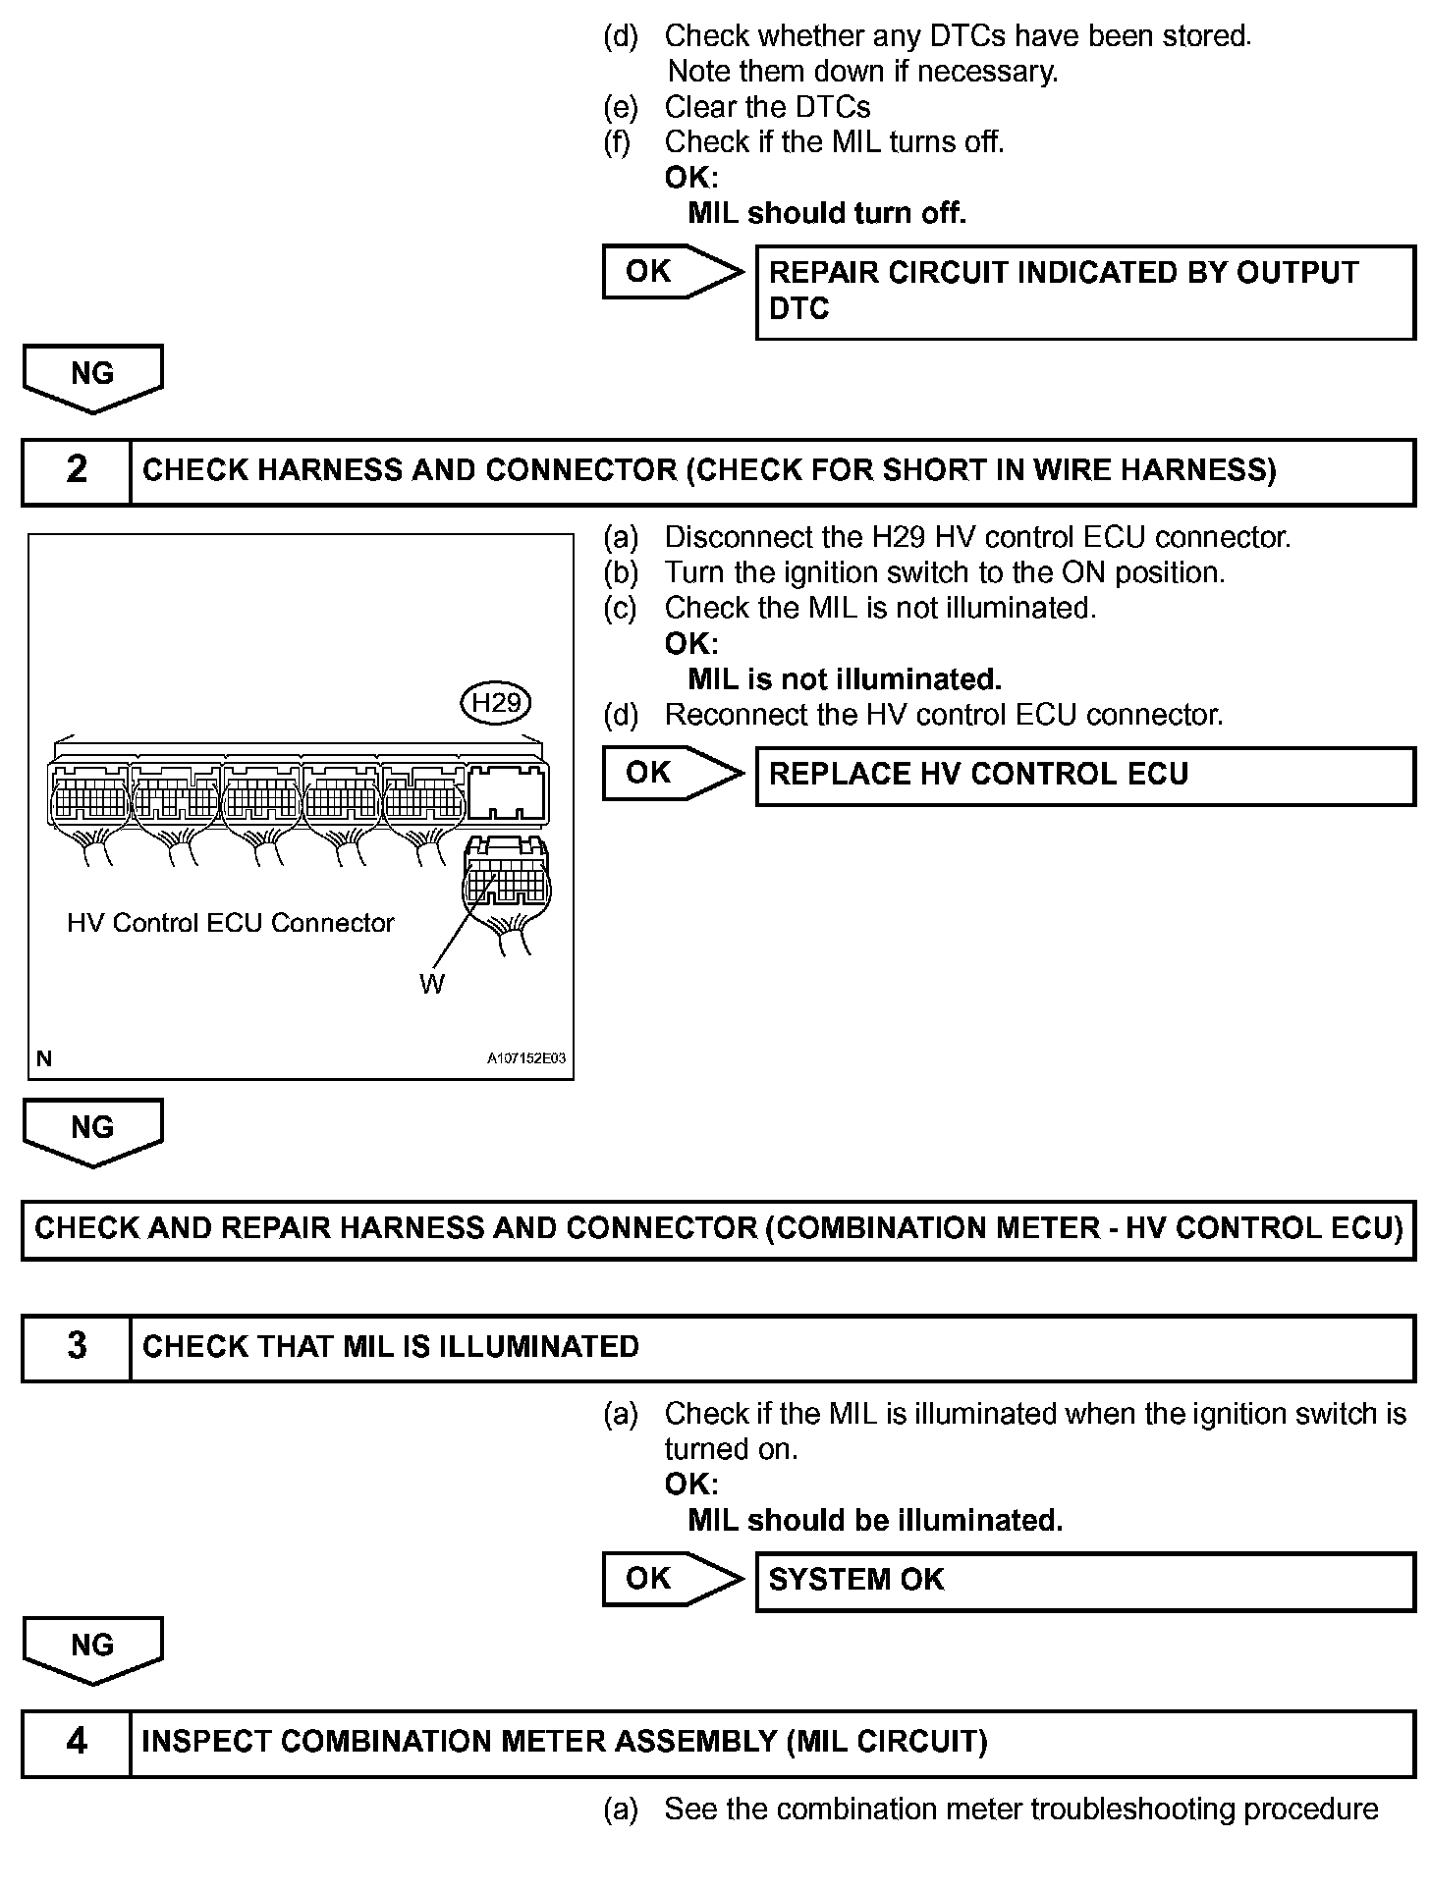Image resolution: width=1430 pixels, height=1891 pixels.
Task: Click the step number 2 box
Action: point(77,470)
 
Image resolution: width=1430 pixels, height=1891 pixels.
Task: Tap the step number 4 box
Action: point(77,1742)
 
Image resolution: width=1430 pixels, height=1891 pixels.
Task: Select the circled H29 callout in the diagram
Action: point(496,703)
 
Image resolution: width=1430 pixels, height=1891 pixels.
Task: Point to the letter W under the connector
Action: point(432,984)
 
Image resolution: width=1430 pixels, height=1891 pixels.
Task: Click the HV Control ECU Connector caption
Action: point(230,923)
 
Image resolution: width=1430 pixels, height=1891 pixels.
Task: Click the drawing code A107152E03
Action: point(526,1059)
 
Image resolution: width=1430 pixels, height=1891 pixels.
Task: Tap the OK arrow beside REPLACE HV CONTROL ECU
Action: point(671,774)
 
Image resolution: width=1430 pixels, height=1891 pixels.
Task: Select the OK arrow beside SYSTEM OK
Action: point(671,1579)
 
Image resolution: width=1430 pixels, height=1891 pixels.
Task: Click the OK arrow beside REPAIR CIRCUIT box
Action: point(671,272)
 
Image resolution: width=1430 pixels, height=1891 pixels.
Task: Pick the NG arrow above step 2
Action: point(92,377)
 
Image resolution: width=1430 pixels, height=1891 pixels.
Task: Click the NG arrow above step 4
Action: point(92,1649)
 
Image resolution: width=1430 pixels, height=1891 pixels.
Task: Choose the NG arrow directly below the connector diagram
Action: point(92,1131)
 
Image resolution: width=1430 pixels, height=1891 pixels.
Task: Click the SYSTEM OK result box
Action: point(1084,1580)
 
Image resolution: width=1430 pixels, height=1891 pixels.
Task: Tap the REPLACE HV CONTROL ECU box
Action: point(1084,775)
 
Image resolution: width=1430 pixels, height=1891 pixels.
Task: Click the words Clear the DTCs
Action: point(767,107)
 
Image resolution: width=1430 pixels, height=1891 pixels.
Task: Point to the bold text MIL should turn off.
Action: point(827,213)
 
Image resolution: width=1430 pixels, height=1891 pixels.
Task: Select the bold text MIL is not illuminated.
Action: point(845,679)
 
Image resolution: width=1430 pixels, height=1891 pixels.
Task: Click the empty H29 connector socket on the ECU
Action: point(507,792)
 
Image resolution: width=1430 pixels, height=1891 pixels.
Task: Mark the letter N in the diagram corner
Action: point(44,1059)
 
